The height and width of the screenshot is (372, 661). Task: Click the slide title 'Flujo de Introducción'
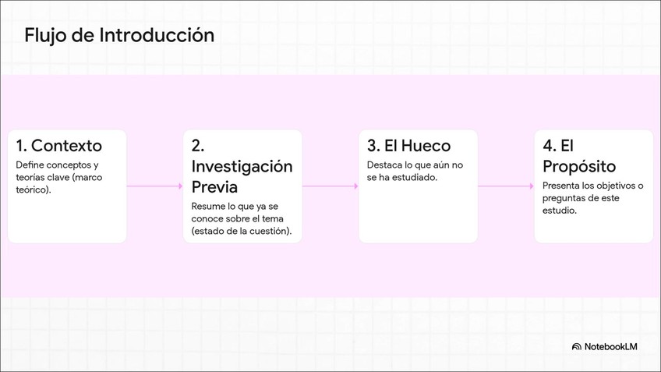(x=118, y=35)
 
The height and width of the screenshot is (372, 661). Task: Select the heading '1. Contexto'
(x=59, y=146)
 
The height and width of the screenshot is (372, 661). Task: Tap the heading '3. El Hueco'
(x=408, y=146)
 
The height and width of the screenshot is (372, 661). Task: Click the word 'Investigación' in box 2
(x=242, y=167)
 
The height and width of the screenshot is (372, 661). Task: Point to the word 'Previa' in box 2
(x=214, y=188)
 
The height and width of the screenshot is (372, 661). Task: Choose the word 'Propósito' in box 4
(x=579, y=167)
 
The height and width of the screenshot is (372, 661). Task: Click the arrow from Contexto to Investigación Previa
(x=154, y=186)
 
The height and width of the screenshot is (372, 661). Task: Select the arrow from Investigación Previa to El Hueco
(x=330, y=186)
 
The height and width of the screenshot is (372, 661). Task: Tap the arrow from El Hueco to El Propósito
(x=505, y=186)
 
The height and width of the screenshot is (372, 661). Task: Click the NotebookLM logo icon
(x=577, y=346)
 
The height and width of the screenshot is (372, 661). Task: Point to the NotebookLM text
(x=611, y=346)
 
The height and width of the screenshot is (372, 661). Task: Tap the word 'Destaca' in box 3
(x=383, y=165)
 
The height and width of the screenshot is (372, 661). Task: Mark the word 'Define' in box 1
(x=30, y=165)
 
